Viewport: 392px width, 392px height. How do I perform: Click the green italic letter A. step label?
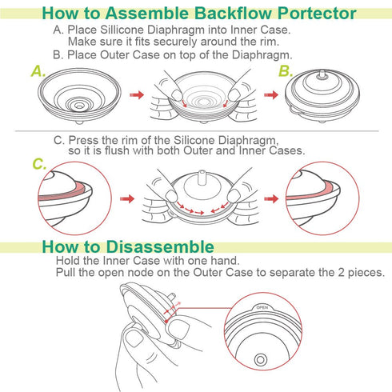(36, 72)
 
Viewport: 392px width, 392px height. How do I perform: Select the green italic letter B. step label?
(286, 72)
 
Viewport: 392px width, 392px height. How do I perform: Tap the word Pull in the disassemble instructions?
(69, 273)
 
